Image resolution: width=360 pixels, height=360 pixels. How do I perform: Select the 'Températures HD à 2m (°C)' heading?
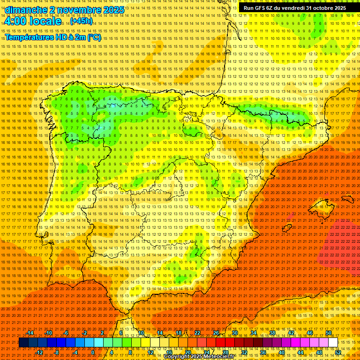point(52,37)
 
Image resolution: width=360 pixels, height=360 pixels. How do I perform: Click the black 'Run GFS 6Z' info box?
point(294,8)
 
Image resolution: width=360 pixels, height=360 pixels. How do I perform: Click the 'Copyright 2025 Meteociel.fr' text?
point(206,357)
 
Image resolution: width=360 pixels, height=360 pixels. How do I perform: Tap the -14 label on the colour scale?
point(31,333)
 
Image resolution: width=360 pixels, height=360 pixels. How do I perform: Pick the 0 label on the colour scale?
point(93,352)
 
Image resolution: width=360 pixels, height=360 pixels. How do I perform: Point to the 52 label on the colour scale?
point(338,352)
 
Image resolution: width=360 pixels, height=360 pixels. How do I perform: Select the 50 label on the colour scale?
point(329,333)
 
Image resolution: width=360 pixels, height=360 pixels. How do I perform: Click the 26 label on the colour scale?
point(216,333)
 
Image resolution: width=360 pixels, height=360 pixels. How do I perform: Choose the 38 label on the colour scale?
point(272,333)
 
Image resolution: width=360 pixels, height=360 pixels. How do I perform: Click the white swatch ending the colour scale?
point(333,343)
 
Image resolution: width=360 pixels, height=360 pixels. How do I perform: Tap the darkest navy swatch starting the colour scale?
point(23,343)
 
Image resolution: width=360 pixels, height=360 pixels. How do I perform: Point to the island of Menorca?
point(347,199)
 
